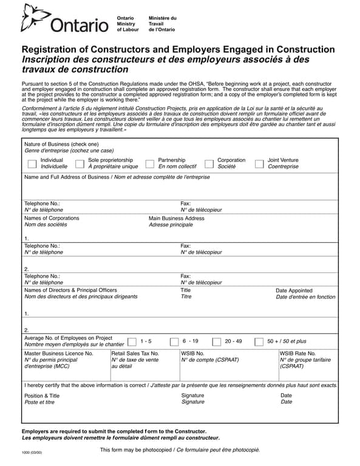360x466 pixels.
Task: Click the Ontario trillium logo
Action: tap(33, 18)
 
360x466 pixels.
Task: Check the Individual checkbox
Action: tap(32, 163)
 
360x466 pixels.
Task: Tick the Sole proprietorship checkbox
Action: tap(80, 163)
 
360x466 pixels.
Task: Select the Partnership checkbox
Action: tap(150, 163)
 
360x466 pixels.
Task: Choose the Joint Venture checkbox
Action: tap(259, 163)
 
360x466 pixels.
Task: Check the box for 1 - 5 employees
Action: tap(132, 342)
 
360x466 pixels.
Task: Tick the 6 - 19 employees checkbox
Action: tap(174, 342)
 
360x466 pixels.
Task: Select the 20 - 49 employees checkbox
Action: tap(217, 342)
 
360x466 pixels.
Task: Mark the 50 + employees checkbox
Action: tap(259, 342)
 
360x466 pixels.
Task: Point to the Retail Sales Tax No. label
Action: tap(135, 353)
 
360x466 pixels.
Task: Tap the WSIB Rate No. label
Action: tap(298, 353)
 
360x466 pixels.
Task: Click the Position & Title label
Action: tap(42, 396)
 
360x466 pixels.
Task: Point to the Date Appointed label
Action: tap(294, 291)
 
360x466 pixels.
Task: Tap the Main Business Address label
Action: tap(177, 218)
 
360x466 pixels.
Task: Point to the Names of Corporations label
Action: tap(52, 218)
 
